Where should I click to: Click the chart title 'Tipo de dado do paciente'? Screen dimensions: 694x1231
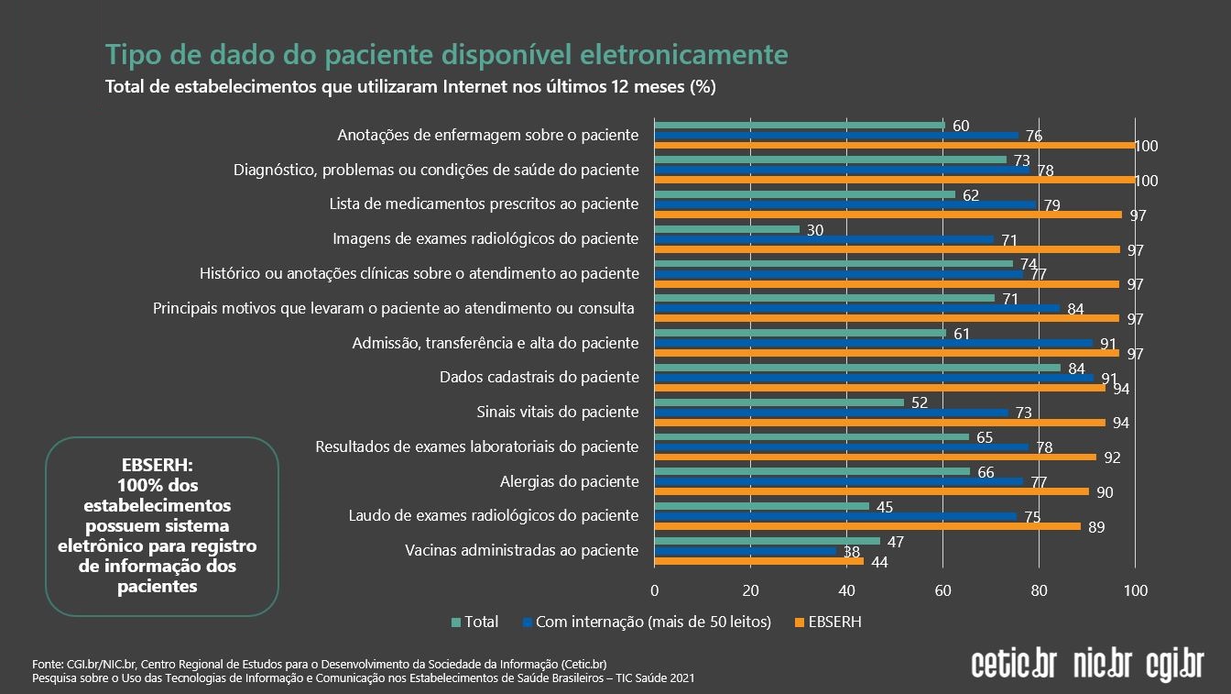click(x=446, y=55)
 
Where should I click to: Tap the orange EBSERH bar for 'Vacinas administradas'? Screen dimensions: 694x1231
click(x=758, y=561)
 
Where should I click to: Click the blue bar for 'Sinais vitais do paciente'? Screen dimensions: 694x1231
click(x=831, y=413)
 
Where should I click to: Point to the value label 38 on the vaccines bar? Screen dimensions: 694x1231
click(x=851, y=552)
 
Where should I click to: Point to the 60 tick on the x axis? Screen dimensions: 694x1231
click(x=942, y=589)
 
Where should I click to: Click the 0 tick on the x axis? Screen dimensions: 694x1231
click(x=654, y=589)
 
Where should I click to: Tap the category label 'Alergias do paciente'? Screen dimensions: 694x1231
click(x=569, y=481)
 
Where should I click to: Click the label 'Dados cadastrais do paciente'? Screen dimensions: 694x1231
click(x=539, y=377)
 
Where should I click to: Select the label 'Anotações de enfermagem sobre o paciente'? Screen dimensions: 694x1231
click(x=487, y=135)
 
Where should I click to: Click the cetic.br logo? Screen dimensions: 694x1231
click(x=1013, y=664)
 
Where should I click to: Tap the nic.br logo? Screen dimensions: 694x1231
click(x=1102, y=664)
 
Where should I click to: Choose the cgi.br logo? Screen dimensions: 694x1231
click(x=1175, y=664)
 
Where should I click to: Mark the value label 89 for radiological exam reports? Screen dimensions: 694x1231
click(x=1095, y=526)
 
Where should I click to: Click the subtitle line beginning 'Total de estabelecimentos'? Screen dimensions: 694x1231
click(x=410, y=87)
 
